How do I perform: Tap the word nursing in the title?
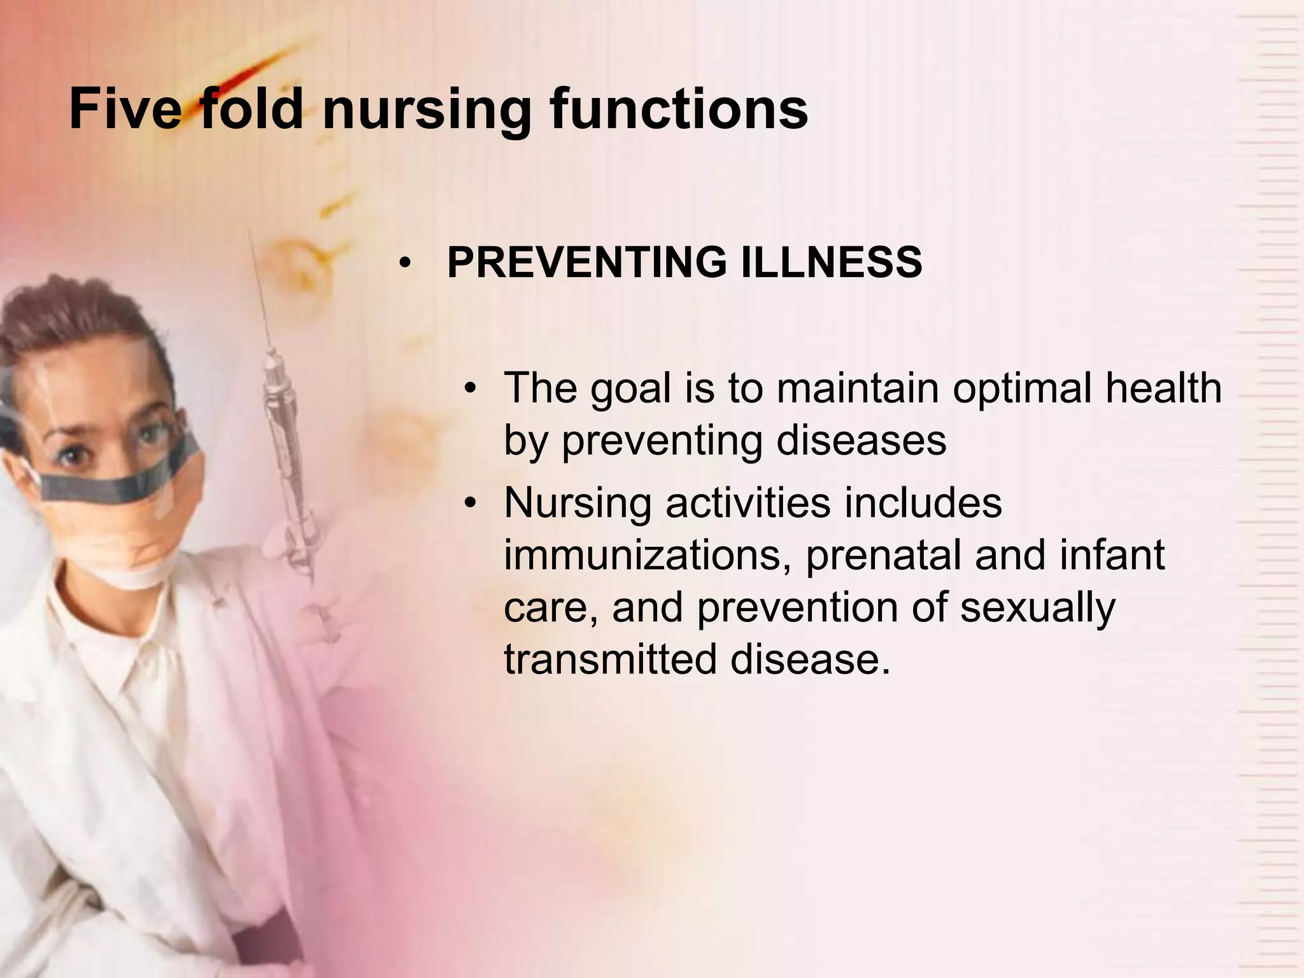tap(427, 111)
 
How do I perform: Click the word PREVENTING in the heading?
tap(586, 263)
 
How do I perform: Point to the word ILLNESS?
tap(832, 263)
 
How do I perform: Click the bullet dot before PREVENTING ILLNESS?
tap(404, 265)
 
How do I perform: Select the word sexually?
tap(1037, 608)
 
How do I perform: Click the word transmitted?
tap(611, 659)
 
